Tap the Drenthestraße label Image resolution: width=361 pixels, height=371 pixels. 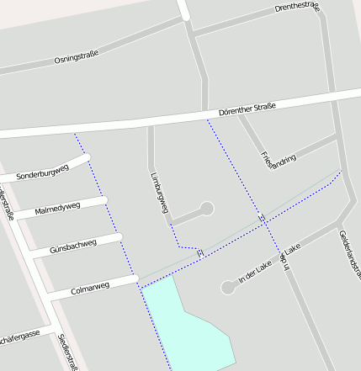298,8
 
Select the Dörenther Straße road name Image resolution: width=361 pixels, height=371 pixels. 247,108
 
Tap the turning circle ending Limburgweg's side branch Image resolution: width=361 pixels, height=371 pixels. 206,209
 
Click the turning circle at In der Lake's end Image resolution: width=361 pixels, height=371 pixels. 227,288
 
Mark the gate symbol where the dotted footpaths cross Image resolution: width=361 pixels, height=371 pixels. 263,219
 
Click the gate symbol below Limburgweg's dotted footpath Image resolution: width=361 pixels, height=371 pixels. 200,252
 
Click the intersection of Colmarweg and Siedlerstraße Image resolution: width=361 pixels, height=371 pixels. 50,296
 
